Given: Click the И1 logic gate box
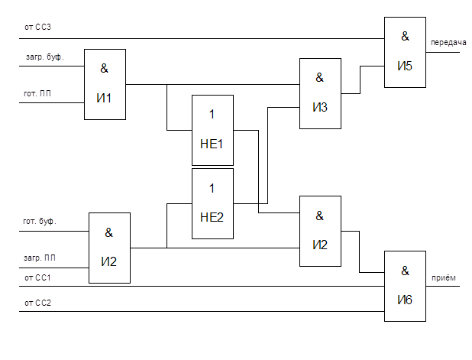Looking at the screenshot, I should (x=104, y=84).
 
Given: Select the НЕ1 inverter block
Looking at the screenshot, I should (x=212, y=131).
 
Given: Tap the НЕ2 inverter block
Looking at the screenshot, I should (x=212, y=203).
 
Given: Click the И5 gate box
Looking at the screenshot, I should (x=404, y=52).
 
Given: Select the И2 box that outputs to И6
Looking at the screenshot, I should (x=319, y=231).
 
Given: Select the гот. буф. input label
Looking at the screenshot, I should (x=40, y=221).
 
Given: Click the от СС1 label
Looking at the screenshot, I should (x=37, y=277).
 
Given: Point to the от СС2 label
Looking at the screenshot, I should (x=37, y=303).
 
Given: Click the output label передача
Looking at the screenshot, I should (x=448, y=43).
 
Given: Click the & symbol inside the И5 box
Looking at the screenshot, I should (x=405, y=36).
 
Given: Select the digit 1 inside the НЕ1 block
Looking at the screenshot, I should (x=212, y=115).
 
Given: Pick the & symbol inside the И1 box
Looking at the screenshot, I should (x=105, y=68).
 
